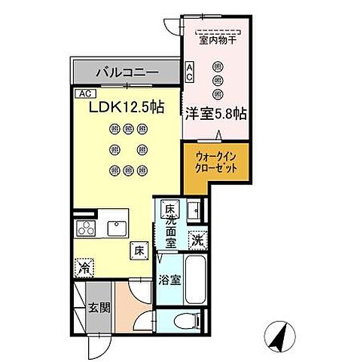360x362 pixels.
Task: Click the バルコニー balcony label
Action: [127, 73]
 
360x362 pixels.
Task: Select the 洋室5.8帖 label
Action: [218, 115]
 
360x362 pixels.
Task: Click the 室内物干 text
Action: [217, 42]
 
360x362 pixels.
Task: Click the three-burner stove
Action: [85, 231]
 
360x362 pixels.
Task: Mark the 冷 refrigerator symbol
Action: [85, 267]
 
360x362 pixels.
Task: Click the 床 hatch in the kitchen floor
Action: [139, 251]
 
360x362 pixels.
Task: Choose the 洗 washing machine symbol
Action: [196, 241]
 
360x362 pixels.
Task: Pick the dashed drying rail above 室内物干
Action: [217, 32]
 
